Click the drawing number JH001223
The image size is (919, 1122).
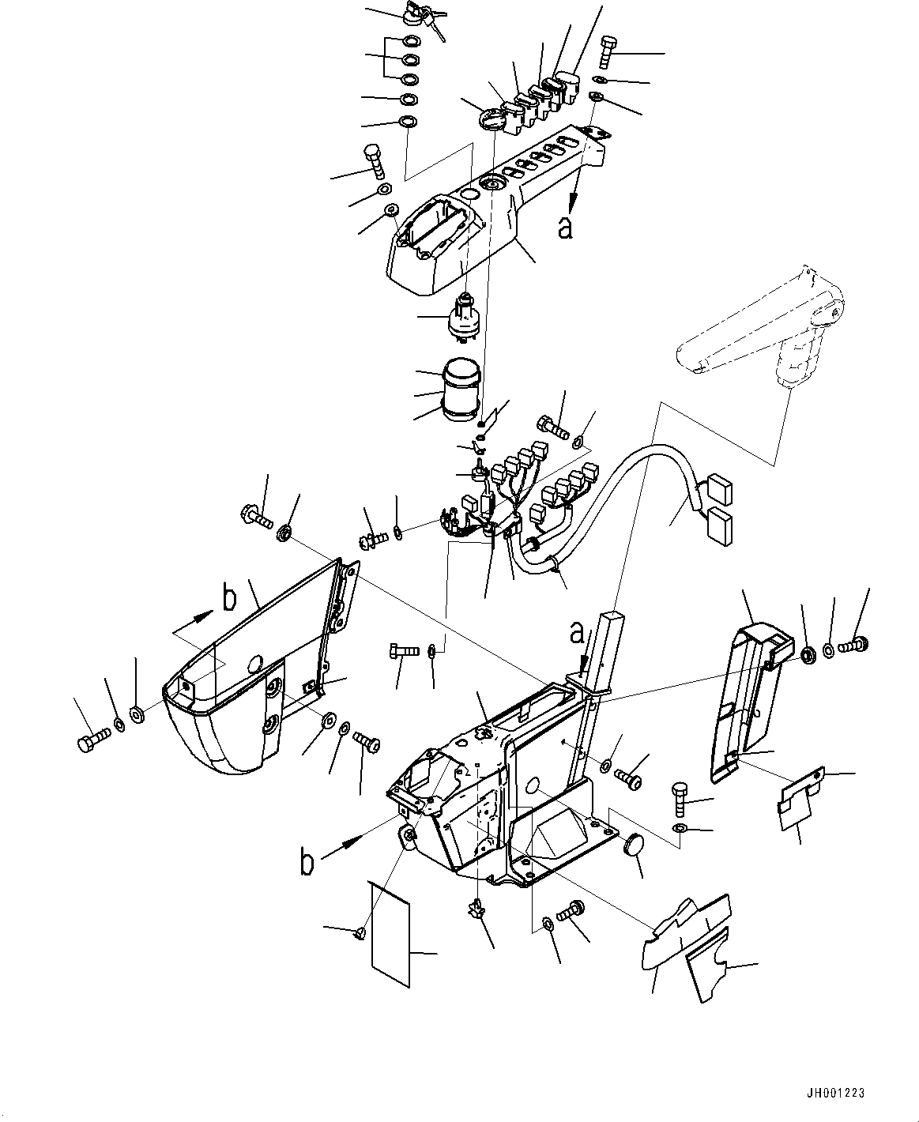click(837, 1094)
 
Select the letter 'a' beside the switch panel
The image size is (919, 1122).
click(564, 227)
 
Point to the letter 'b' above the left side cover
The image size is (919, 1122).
click(229, 599)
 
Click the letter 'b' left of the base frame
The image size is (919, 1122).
click(307, 863)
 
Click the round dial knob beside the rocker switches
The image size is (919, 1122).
click(492, 121)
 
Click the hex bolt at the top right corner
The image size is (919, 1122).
click(608, 51)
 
